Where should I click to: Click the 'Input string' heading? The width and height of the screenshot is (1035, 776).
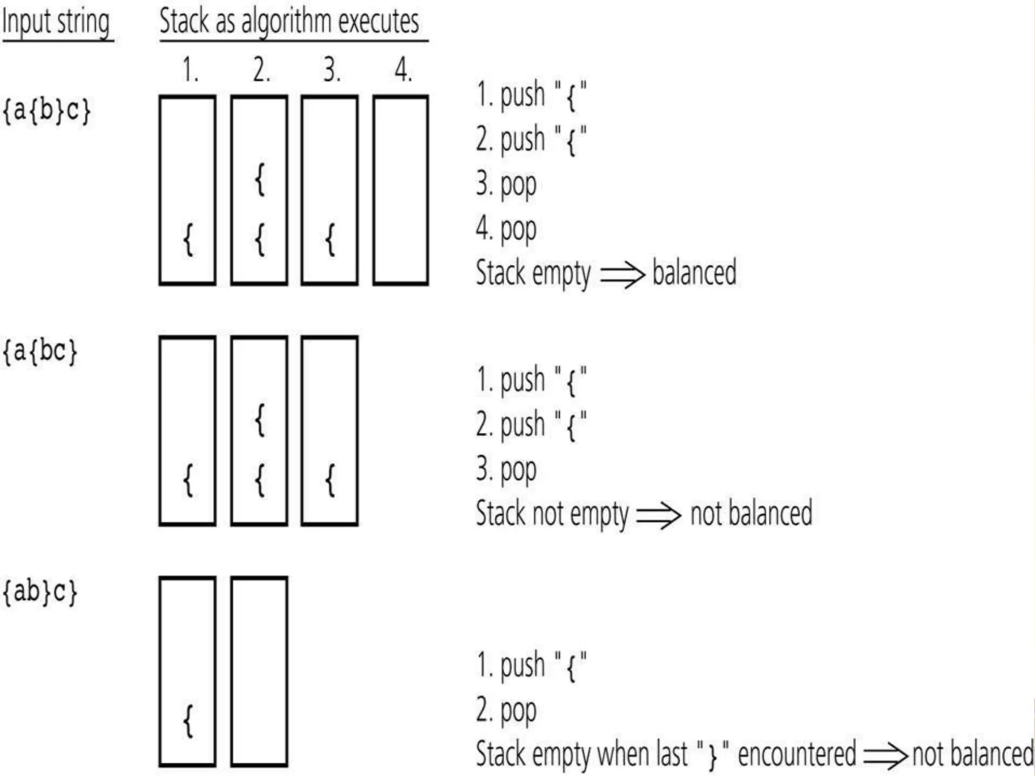pos(57,22)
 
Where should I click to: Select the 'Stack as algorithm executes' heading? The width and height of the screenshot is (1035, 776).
pos(289,22)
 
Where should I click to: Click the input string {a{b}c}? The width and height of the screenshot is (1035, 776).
pos(46,110)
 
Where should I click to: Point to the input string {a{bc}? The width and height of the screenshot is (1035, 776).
pos(40,351)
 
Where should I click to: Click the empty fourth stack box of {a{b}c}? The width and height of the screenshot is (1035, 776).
pos(400,190)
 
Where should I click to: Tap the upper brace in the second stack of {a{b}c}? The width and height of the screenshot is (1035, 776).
pos(260,179)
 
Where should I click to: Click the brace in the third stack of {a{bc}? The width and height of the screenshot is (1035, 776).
pos(330,480)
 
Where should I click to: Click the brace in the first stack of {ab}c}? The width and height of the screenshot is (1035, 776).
pos(188,721)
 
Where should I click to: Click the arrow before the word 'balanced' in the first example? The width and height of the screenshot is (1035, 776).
pos(622,275)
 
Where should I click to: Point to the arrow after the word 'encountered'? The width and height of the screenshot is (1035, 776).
pos(885,756)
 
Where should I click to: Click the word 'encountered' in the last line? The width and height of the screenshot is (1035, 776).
pos(797,754)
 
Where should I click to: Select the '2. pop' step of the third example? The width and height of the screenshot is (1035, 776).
pos(506,711)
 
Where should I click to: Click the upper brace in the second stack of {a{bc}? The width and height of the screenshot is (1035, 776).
pos(260,420)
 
